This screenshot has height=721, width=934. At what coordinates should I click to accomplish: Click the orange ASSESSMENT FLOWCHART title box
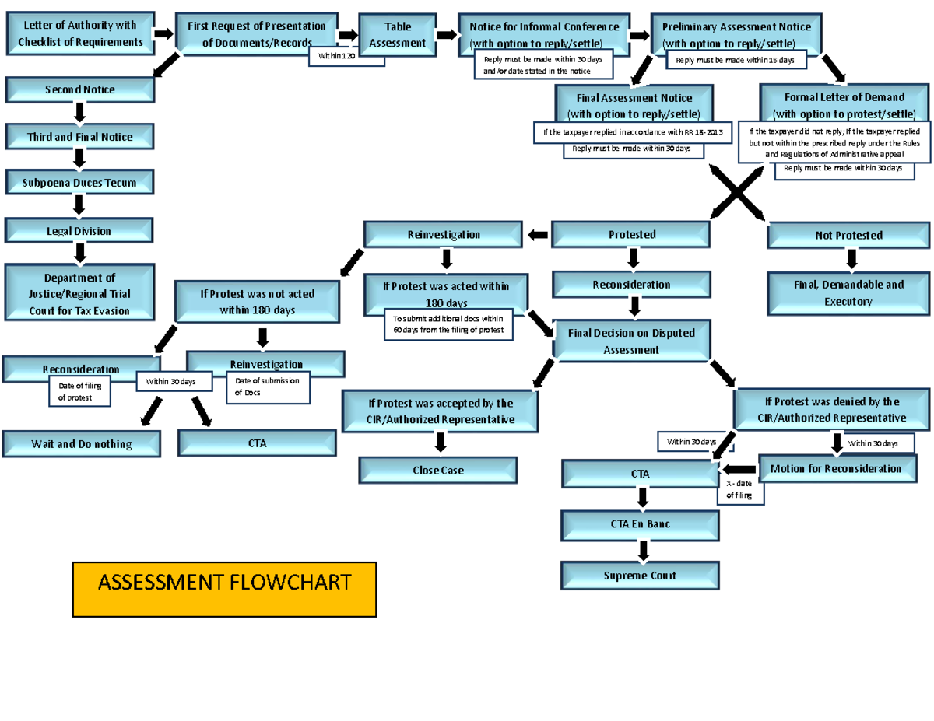pos(224,589)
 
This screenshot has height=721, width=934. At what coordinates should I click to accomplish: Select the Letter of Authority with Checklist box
pos(80,34)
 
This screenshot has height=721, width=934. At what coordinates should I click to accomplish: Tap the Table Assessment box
pos(397,35)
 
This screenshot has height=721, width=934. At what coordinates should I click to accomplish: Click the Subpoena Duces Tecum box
pos(81,184)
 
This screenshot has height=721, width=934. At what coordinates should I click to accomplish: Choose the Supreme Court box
pos(641,576)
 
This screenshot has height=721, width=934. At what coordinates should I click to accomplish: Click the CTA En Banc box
pos(641,524)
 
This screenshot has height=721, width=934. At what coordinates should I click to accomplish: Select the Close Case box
pos(438,471)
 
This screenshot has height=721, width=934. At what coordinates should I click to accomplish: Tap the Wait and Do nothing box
pos(81,444)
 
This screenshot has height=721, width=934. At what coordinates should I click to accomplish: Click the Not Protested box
pos(848,236)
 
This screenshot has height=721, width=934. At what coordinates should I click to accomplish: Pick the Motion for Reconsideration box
pos(835,469)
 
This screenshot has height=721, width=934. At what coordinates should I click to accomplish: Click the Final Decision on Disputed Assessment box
pos(631,341)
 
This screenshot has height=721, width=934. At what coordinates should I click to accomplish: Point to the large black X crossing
pos(736,194)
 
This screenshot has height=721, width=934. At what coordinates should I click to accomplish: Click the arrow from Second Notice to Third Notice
pos(79,114)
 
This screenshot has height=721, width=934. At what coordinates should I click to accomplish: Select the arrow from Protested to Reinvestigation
pos(538,234)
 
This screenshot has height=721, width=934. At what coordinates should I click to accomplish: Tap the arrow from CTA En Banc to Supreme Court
pos(642,551)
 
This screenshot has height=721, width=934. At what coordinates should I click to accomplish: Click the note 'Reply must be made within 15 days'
pos(735,60)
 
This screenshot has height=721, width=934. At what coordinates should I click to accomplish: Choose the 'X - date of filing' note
pos(740,490)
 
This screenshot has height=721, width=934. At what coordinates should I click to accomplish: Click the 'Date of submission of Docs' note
pos(268,387)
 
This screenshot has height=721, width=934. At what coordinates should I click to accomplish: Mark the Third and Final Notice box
pos(80,137)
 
